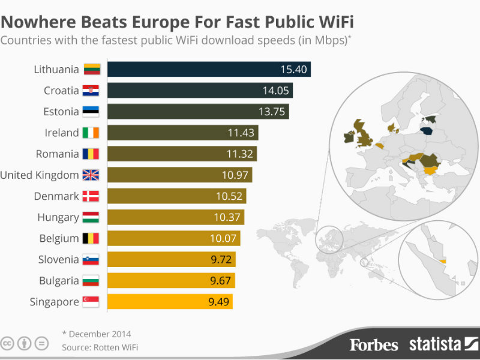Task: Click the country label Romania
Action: (x=57, y=154)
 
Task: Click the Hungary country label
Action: (x=58, y=217)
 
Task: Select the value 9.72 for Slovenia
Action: (x=220, y=260)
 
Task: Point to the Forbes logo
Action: (x=374, y=344)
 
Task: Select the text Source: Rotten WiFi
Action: (x=103, y=347)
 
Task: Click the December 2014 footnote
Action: (x=97, y=334)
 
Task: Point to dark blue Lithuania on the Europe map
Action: (x=428, y=132)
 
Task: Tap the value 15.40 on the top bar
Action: (x=293, y=70)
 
